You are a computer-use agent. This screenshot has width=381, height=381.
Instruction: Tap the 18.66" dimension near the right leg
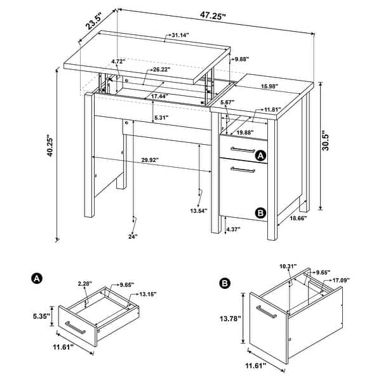click(x=298, y=218)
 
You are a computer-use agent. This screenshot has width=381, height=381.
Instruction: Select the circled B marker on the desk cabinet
click(x=259, y=213)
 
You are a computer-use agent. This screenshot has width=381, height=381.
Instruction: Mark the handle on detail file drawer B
click(x=265, y=314)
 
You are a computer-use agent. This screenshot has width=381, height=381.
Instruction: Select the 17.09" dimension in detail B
click(x=340, y=280)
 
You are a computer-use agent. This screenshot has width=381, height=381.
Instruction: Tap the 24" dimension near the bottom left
click(x=133, y=236)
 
